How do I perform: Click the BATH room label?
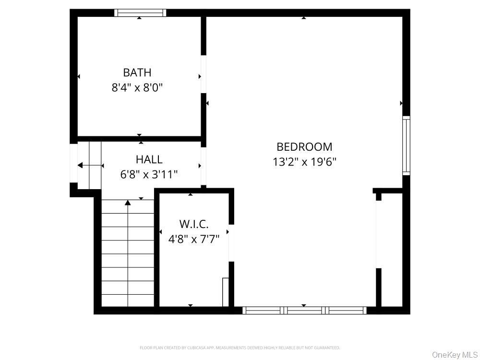coord(137,72)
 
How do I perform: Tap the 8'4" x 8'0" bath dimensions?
coord(137,88)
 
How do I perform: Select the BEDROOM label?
coord(304,147)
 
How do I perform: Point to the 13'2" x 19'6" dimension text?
coord(305,162)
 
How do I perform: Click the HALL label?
coord(149,159)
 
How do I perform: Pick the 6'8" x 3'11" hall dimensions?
coord(149,175)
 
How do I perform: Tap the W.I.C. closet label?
coord(194,224)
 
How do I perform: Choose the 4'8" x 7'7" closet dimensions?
coord(194,239)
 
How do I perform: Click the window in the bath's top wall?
coord(140,13)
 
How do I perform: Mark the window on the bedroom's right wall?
coord(406,145)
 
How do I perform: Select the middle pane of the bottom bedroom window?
coord(305,311)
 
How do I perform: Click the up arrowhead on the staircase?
coord(128,203)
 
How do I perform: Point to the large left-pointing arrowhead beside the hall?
coord(80,165)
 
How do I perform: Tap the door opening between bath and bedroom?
coord(204,74)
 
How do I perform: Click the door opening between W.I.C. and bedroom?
coord(231,243)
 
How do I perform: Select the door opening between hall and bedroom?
coord(204,166)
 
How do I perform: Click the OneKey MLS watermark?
coord(456,355)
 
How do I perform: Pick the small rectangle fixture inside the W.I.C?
coord(226,292)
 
